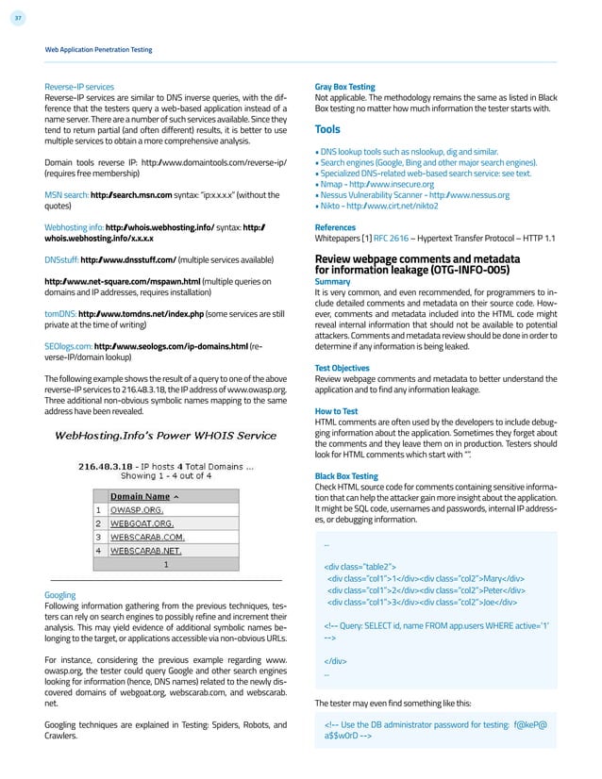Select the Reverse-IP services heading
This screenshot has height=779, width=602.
tap(78, 85)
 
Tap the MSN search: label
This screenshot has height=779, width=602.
tap(67, 194)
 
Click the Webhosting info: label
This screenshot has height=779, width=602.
tap(75, 227)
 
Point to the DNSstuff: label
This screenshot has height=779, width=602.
tap(62, 259)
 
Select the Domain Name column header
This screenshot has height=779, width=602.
tap(144, 495)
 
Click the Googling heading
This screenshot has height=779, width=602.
tap(61, 595)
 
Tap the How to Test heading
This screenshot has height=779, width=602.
tap(336, 412)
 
